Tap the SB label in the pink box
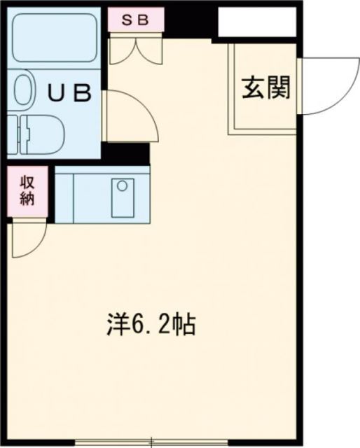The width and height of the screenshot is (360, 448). coord(136,20)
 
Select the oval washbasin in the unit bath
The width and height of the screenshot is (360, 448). coord(23,90)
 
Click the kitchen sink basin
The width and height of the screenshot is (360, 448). coord(124,197)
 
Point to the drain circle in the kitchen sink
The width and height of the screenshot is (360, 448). coord(123,186)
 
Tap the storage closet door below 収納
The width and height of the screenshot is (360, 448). coord(28,237)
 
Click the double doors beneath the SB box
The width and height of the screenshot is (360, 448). coord(135,49)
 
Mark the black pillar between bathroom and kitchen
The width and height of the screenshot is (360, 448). coord(125,153)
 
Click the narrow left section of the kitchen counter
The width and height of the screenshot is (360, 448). coord(64,197)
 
